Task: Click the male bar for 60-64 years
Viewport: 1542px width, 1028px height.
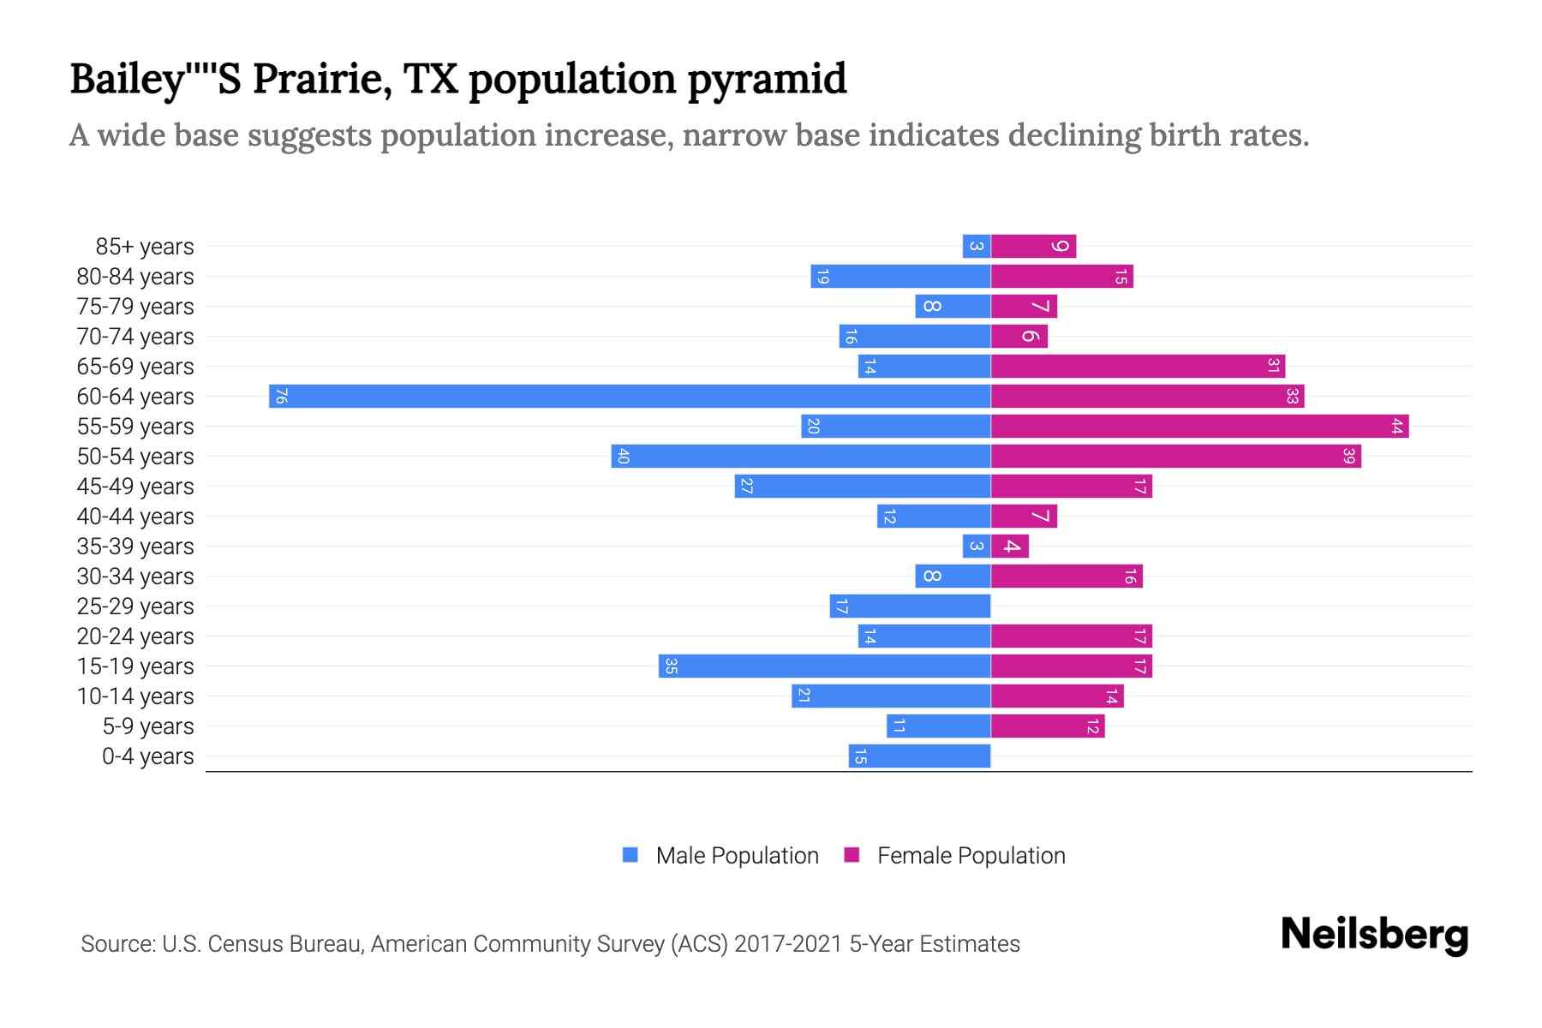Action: pyautogui.click(x=630, y=396)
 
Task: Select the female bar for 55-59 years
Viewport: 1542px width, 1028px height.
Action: pyautogui.click(x=1199, y=426)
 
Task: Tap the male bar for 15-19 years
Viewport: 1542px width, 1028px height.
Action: pyautogui.click(x=824, y=666)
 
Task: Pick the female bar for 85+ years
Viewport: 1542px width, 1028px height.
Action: pyautogui.click(x=1033, y=247)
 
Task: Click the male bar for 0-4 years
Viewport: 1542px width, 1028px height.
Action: pyautogui.click(x=919, y=756)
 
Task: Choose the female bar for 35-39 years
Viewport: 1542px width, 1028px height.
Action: pyautogui.click(x=1010, y=546)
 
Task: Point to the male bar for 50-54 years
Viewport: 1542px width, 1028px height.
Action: pyautogui.click(x=801, y=456)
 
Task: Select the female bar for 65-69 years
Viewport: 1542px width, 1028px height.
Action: pyautogui.click(x=1138, y=366)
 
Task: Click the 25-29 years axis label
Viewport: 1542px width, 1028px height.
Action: pyautogui.click(x=135, y=607)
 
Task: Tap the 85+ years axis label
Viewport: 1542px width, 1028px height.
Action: pyautogui.click(x=145, y=247)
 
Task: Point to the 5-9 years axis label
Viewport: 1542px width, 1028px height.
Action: pyautogui.click(x=148, y=726)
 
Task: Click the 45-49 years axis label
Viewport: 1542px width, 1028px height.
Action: pyautogui.click(x=135, y=487)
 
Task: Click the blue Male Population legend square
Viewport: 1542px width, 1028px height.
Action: pyautogui.click(x=631, y=855)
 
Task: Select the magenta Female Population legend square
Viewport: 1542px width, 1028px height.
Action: pyautogui.click(x=852, y=855)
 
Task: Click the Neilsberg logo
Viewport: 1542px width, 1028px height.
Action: pyautogui.click(x=1374, y=935)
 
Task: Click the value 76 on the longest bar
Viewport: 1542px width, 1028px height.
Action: pyautogui.click(x=281, y=397)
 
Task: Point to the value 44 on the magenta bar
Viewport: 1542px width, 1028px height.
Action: pyautogui.click(x=1396, y=426)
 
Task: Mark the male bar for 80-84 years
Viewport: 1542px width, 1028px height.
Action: pyautogui.click(x=900, y=276)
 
